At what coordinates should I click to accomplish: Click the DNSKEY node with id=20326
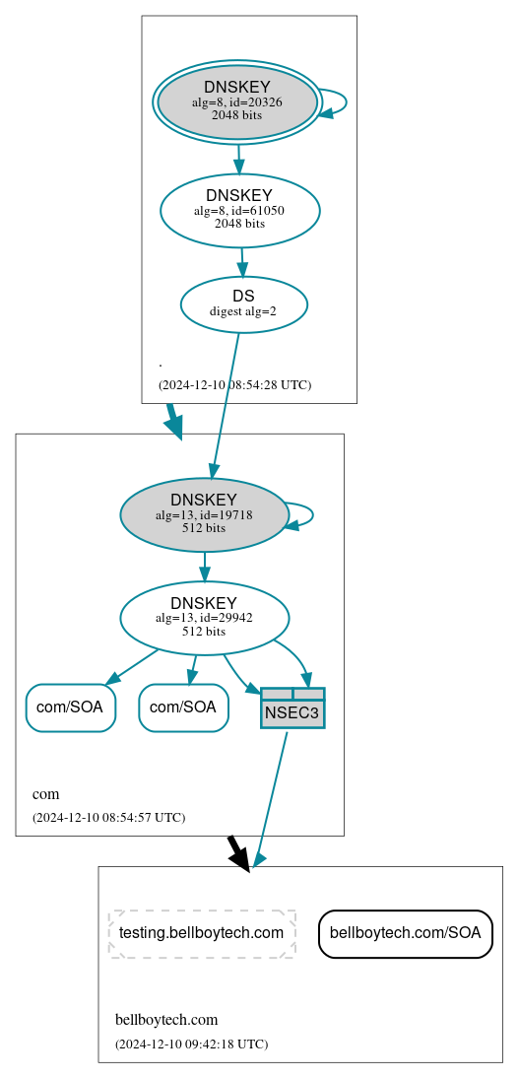237,101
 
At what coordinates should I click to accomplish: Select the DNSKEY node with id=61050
240,210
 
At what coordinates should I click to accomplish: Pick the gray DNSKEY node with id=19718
204,514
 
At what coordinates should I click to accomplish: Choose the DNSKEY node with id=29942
204,618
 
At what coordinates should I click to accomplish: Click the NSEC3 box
292,708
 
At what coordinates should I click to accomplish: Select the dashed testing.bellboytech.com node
202,933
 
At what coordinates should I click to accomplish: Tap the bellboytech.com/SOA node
406,933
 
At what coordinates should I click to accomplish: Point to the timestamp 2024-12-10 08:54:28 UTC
234,384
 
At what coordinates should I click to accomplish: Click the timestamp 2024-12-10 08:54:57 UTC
108,817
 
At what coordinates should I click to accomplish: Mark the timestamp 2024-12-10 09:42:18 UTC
191,1044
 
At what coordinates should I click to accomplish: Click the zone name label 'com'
46,794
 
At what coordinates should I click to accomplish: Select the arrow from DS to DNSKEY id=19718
226,404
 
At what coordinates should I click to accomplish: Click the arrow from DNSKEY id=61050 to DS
242,262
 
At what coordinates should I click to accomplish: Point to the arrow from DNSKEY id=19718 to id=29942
204,567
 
